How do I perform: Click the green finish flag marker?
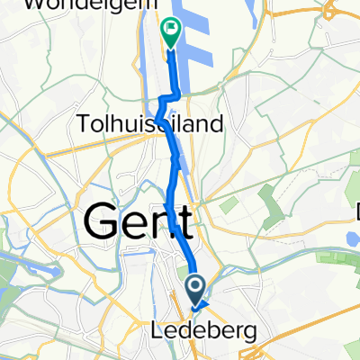(170, 32)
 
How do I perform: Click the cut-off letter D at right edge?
(357, 213)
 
